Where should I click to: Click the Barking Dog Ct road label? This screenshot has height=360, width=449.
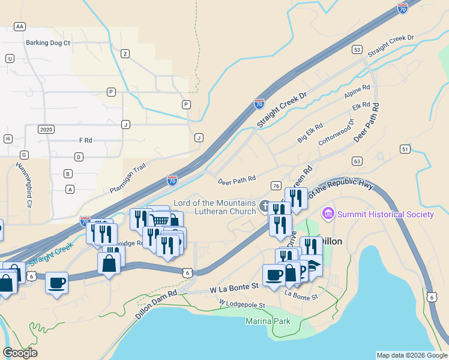pos(48,43)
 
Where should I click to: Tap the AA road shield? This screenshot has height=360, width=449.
pos(20,26)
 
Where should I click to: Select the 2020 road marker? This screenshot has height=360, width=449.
pos(46,129)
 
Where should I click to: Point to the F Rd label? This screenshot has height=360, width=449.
pos(85,140)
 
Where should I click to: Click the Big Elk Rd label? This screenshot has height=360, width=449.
pos(310,133)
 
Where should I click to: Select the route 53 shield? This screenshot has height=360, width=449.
pos(357,49)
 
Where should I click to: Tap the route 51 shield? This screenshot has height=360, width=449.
pos(405,149)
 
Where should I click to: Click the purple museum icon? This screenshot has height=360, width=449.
pos(328,213)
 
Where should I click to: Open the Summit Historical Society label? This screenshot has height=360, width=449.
pos(385,214)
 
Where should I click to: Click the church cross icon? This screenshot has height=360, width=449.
pos(264,206)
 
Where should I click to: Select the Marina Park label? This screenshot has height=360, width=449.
pos(268,322)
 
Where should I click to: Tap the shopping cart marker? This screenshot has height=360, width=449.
pos(159,220)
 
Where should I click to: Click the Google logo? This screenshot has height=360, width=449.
pos(20,353)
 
